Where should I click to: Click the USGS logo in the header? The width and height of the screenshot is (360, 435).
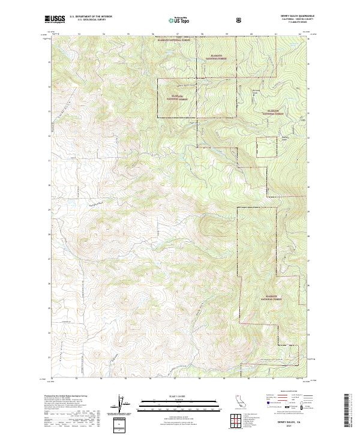(x=55, y=20)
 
